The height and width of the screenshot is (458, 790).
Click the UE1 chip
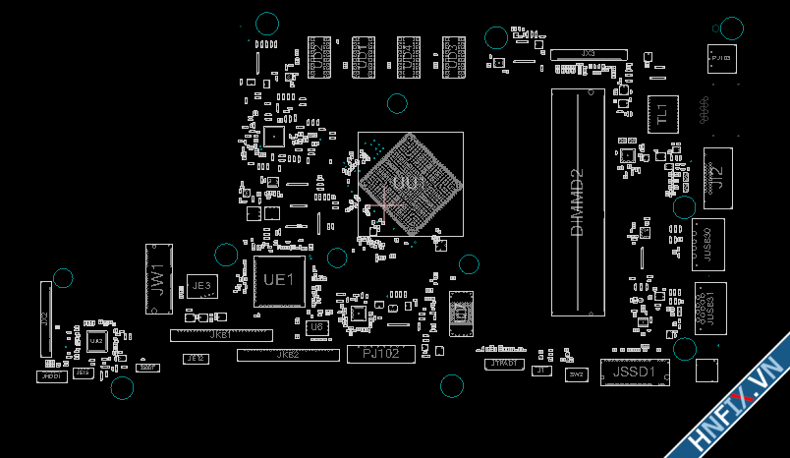pyautogui.click(x=279, y=281)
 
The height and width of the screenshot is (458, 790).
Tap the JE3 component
pyautogui.click(x=201, y=285)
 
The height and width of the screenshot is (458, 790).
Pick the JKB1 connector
pyautogui.click(x=221, y=335)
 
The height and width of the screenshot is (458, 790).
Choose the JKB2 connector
pyautogui.click(x=287, y=354)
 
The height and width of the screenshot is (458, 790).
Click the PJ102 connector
pyautogui.click(x=380, y=354)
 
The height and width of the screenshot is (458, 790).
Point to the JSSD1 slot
pyautogui.click(x=633, y=372)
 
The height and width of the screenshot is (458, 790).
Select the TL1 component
pyautogui.click(x=661, y=113)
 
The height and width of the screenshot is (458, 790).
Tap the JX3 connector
pyautogui.click(x=588, y=53)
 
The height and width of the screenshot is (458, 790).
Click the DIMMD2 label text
pyautogui.click(x=577, y=201)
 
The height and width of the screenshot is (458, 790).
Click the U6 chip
pyautogui.click(x=315, y=326)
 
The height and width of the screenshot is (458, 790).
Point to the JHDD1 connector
pyautogui.click(x=52, y=376)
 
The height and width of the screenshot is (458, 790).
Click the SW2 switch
pyautogui.click(x=576, y=373)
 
